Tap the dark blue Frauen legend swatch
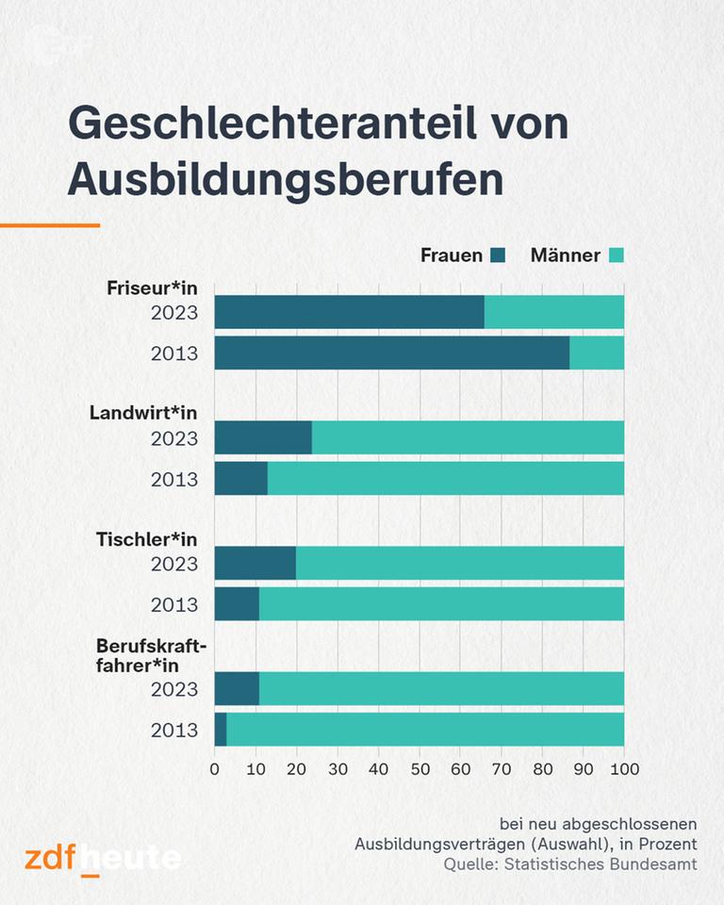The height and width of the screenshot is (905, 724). click(x=498, y=255)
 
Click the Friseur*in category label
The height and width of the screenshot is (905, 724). click(x=152, y=289)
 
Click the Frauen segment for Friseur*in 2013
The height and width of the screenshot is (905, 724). click(x=391, y=353)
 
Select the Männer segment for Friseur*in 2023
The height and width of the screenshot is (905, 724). click(x=553, y=312)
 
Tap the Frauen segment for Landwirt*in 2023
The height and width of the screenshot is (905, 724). click(x=263, y=437)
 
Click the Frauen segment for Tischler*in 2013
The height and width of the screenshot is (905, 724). click(x=237, y=603)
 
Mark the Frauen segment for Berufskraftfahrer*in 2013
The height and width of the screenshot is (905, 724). click(x=221, y=730)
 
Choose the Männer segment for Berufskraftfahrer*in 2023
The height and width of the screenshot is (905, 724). click(x=441, y=689)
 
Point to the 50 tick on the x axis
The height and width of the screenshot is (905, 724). click(x=420, y=768)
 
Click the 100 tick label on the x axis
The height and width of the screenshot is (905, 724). click(x=624, y=768)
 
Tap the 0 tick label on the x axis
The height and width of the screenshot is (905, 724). click(x=215, y=768)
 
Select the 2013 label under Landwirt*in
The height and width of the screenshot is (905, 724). click(x=174, y=480)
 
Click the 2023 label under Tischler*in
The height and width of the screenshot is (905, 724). click(x=174, y=564)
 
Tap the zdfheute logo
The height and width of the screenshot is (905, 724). click(x=103, y=858)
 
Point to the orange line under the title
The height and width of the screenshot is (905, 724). click(x=50, y=225)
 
